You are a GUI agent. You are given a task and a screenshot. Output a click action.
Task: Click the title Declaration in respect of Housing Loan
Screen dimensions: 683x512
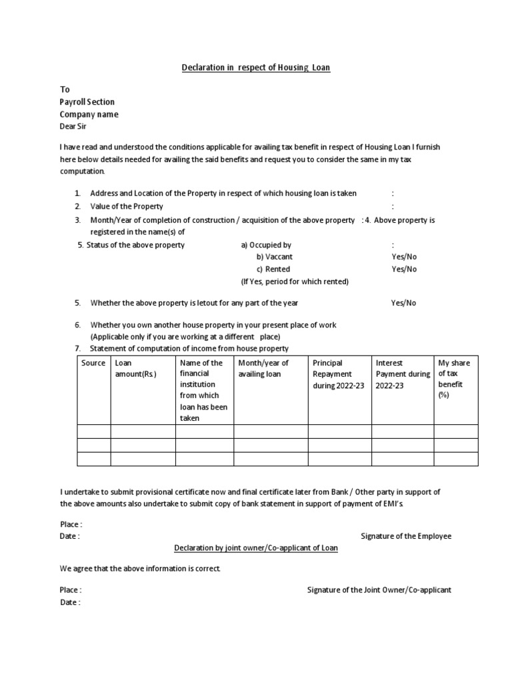pyautogui.click(x=257, y=67)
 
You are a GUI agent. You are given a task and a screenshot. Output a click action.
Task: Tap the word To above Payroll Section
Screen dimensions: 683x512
pyautogui.click(x=65, y=89)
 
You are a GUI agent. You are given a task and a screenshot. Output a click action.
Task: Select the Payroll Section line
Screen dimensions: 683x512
pyautogui.click(x=87, y=102)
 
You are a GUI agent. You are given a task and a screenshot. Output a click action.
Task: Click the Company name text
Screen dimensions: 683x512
pyautogui.click(x=89, y=114)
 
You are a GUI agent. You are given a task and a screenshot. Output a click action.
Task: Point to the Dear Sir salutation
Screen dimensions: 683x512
pyautogui.click(x=73, y=126)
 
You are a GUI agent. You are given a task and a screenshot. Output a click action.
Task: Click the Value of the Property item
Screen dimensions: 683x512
pyautogui.click(x=127, y=207)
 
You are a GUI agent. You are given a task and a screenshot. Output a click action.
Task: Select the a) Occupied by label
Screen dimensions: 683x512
pyautogui.click(x=266, y=245)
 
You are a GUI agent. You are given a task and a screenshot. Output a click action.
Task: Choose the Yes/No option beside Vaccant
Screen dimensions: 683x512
pyautogui.click(x=404, y=257)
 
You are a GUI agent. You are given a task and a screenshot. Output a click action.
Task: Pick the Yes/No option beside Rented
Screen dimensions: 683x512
pyautogui.click(x=404, y=269)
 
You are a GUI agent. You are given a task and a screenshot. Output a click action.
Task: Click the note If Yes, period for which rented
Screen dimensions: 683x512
pyautogui.click(x=295, y=281)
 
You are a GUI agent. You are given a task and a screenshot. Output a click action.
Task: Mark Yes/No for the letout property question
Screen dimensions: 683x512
pyautogui.click(x=403, y=303)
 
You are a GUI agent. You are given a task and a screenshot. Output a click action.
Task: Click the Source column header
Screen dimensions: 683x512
pyautogui.click(x=93, y=363)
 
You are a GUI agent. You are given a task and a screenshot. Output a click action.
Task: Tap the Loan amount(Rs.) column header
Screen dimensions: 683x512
pyautogui.click(x=135, y=369)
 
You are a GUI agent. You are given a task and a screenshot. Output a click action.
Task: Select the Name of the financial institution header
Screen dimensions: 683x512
pyautogui.click(x=203, y=390)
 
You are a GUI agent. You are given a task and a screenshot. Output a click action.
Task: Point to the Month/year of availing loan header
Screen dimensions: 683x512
pyautogui.click(x=264, y=369)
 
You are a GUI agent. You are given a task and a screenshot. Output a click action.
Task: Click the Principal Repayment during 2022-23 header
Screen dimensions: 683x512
pyautogui.click(x=338, y=374)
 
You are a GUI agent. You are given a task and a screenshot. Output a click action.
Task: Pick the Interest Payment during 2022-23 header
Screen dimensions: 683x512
pyautogui.click(x=403, y=374)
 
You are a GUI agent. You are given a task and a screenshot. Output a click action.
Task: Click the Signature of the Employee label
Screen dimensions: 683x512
pyautogui.click(x=406, y=536)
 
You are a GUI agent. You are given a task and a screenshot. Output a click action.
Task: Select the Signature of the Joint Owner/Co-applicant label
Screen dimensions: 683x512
pyautogui.click(x=379, y=590)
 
